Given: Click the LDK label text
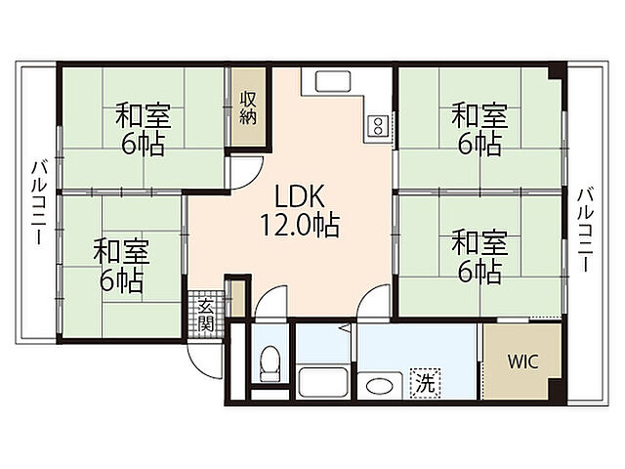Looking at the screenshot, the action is pyautogui.click(x=300, y=195).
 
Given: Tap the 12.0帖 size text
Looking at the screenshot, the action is pyautogui.click(x=300, y=226).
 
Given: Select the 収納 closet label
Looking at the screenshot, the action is pyautogui.click(x=248, y=107).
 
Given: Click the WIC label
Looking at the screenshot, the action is pyautogui.click(x=522, y=362).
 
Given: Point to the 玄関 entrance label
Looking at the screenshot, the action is pyautogui.click(x=206, y=314).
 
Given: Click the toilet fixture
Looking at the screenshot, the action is pyautogui.click(x=270, y=364).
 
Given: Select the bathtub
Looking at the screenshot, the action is pyautogui.click(x=323, y=382).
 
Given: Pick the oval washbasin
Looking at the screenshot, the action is pyautogui.click(x=379, y=386).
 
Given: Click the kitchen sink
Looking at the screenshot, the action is pyautogui.click(x=333, y=81).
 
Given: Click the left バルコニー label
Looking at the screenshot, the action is pyautogui.click(x=39, y=202).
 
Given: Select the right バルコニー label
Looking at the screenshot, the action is pyautogui.click(x=585, y=230).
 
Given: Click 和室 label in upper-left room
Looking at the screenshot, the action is pyautogui.click(x=144, y=115).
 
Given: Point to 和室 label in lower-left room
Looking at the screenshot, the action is pyautogui.click(x=121, y=252).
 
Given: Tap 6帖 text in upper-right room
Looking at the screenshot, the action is pyautogui.click(x=479, y=145).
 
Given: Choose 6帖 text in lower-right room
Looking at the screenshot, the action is pyautogui.click(x=479, y=272).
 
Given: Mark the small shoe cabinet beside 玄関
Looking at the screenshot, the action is pyautogui.click(x=238, y=298).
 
